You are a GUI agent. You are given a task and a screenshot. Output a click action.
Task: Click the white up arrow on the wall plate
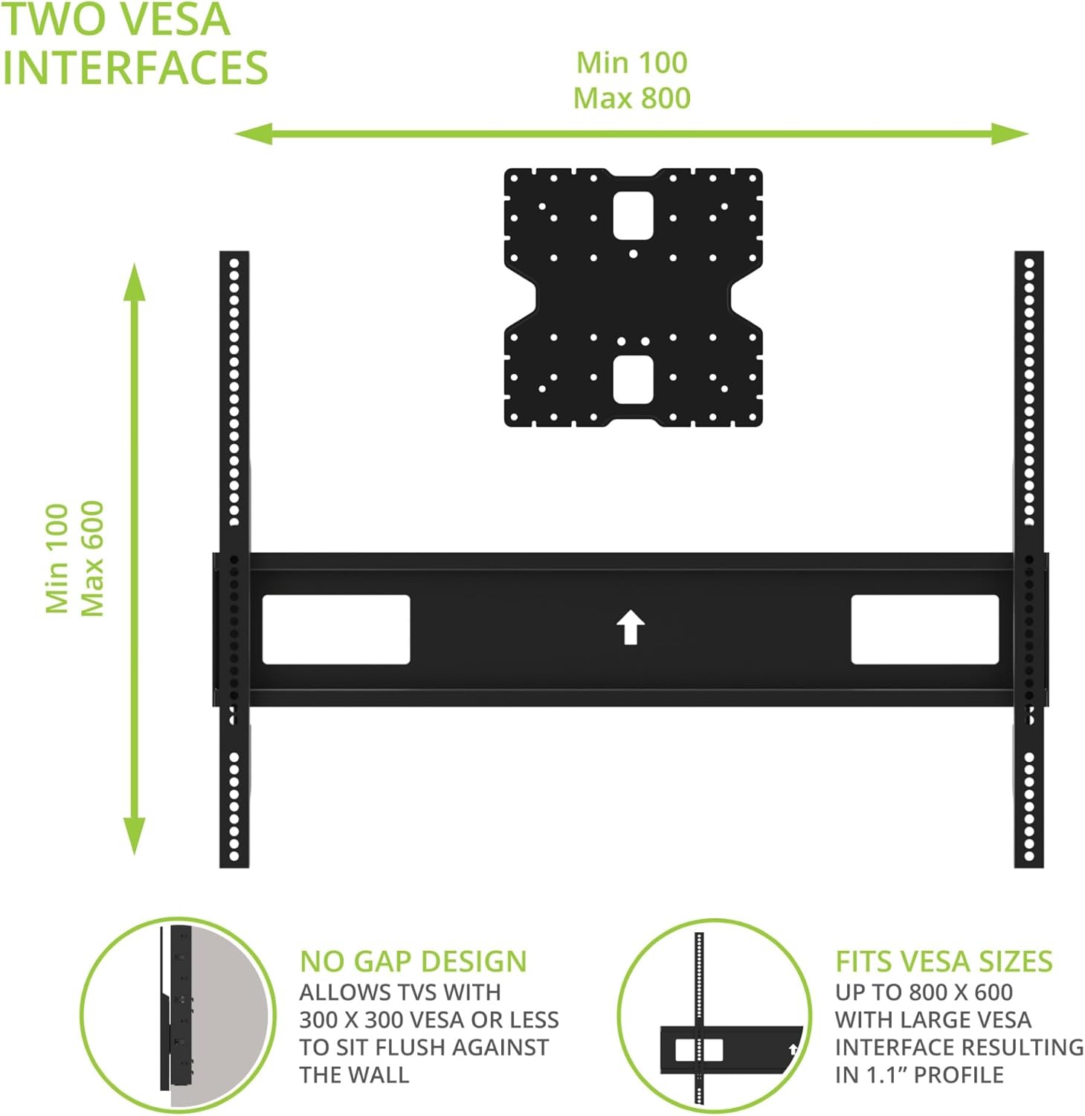631,628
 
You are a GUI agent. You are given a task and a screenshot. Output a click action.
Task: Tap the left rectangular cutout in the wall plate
336,629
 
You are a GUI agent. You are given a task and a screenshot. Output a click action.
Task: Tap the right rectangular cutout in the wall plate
924,629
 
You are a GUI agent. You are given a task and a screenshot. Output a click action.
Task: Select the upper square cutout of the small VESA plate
633,216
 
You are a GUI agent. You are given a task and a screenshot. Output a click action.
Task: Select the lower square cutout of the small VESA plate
633,379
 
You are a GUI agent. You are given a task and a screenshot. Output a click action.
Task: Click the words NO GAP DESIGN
413,961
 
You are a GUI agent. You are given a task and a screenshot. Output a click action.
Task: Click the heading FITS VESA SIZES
943,961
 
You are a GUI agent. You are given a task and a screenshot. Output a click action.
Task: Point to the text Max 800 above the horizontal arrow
632,98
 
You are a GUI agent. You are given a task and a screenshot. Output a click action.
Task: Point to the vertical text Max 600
92,558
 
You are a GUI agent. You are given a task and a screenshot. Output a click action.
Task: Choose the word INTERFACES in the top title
135,68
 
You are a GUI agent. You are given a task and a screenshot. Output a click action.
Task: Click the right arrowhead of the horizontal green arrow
1011,135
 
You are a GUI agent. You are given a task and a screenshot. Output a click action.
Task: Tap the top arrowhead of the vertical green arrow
135,281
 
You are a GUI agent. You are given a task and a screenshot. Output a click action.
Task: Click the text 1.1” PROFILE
959,1075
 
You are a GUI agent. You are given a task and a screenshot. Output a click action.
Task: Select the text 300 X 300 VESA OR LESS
429,1020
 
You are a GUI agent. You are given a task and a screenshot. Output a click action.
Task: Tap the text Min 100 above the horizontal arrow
632,62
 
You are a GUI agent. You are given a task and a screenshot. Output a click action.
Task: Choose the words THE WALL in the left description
354,1075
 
